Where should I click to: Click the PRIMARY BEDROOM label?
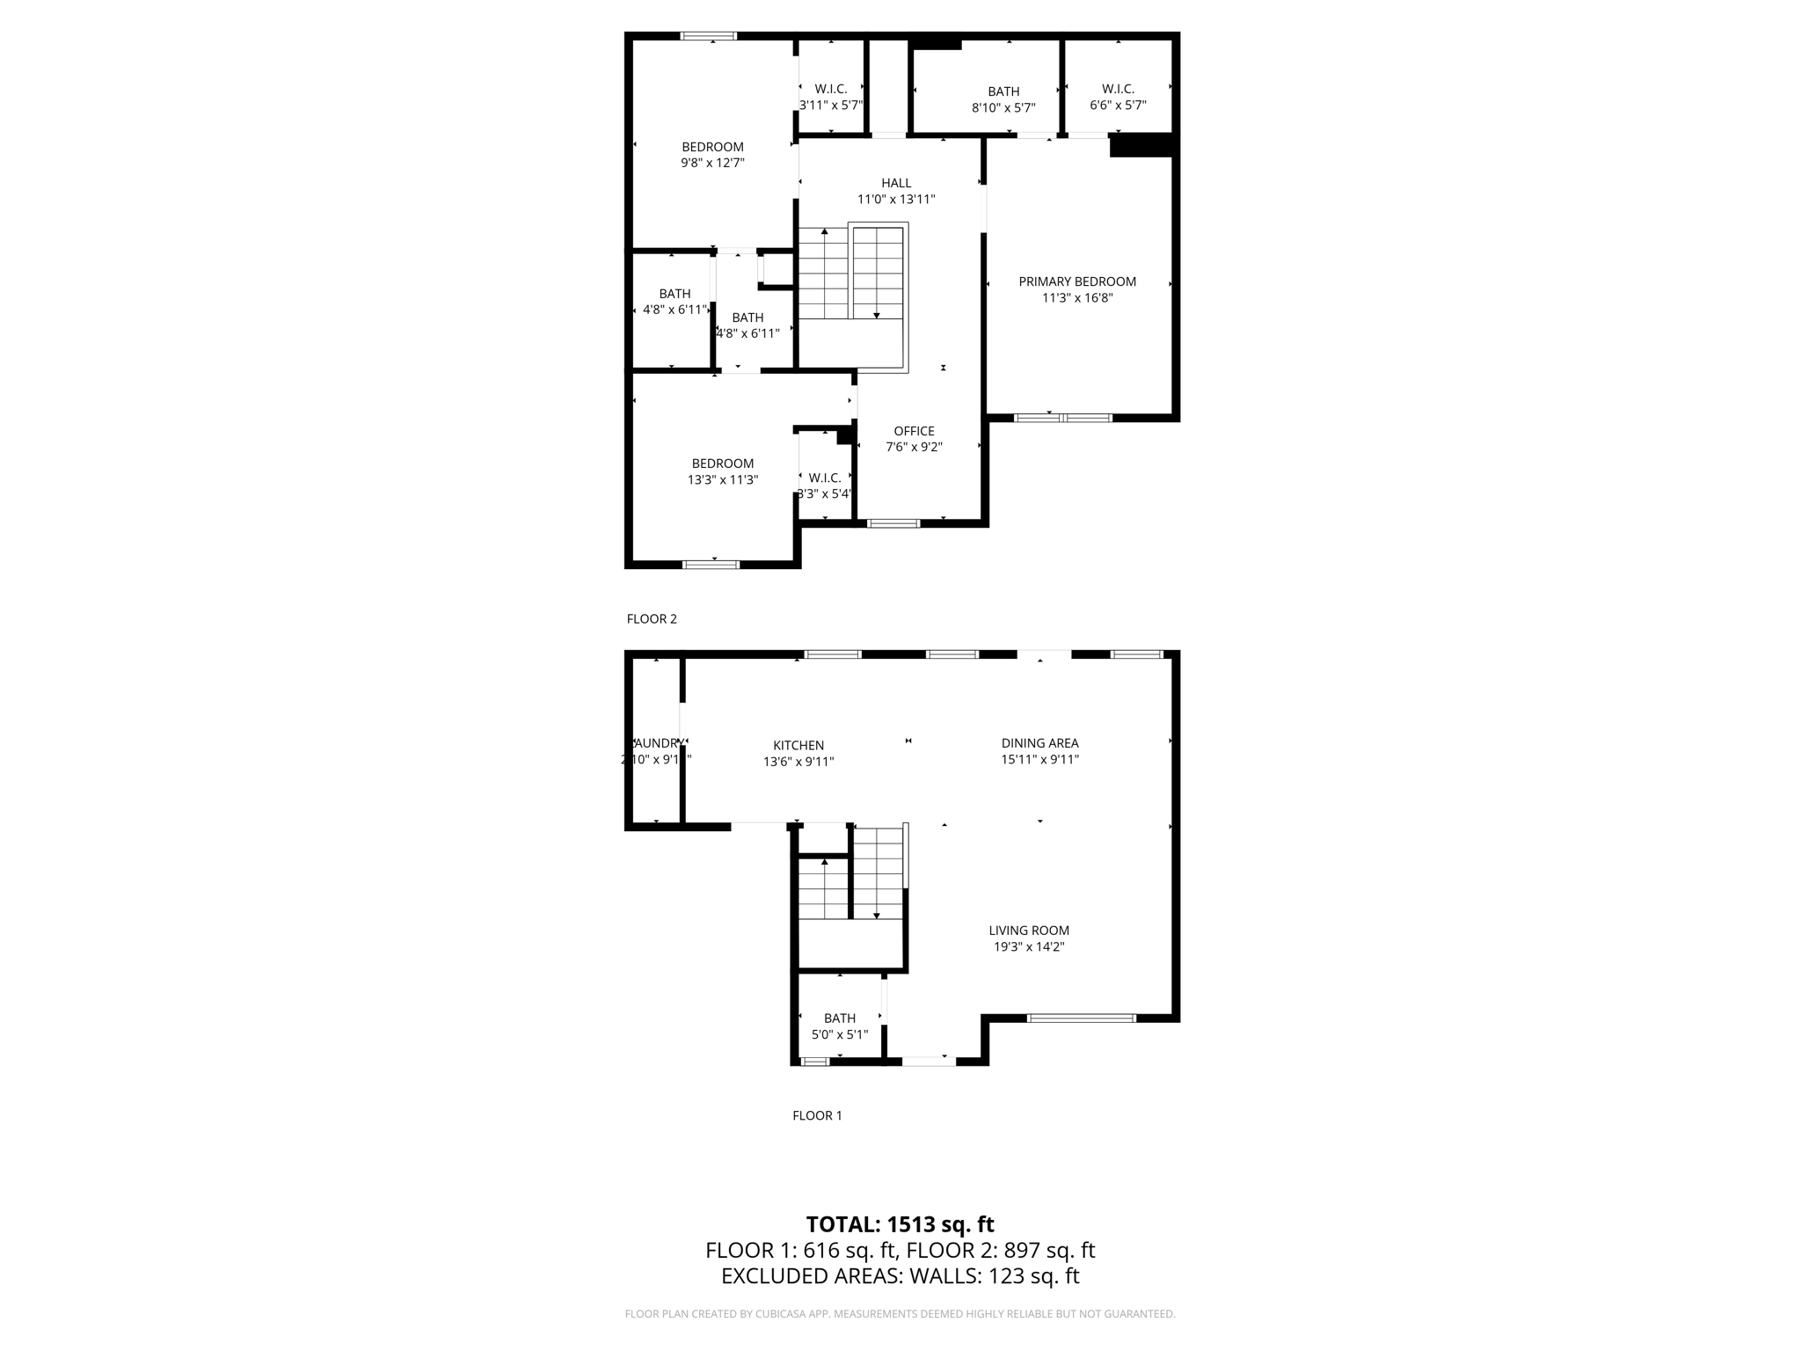1077,281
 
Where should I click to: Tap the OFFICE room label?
914,431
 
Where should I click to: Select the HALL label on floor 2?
896,183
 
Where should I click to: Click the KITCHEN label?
798,746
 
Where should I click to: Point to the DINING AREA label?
1039,743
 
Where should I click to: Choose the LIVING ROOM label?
1029,931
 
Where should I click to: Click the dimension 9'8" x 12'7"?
712,163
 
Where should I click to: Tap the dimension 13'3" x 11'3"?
722,480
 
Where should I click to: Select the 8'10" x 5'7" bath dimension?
1003,108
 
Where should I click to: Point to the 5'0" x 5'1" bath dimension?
839,1035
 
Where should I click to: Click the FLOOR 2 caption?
652,619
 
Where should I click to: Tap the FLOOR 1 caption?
817,1116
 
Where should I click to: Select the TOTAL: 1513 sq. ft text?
900,1224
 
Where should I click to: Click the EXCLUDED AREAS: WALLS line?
900,1276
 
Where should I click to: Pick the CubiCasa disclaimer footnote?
900,1314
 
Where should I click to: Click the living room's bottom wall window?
1082,1019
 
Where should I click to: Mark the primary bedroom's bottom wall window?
1063,418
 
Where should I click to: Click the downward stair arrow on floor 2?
876,314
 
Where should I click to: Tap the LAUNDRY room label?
656,743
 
